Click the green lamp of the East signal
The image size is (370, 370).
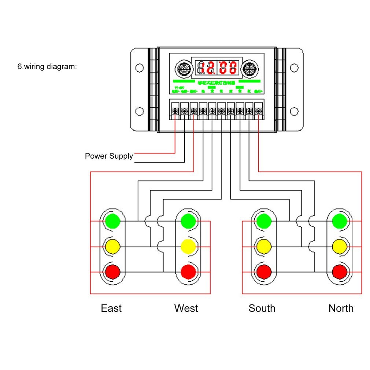click(112, 221)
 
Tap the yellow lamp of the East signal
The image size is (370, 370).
click(112, 247)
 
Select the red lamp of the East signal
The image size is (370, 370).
click(112, 272)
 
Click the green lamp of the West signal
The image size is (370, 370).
click(188, 221)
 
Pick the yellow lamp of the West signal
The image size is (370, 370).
click(188, 247)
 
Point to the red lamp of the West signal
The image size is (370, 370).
click(188, 272)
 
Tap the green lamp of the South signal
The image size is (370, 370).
click(264, 221)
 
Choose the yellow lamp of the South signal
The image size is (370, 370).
click(264, 247)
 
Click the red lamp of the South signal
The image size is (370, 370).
click(264, 272)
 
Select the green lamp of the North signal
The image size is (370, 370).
click(340, 221)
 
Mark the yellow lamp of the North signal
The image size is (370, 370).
click(340, 247)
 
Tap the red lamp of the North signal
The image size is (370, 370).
click(340, 272)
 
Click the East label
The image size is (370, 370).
click(111, 308)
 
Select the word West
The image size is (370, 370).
click(186, 308)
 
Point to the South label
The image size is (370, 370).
click(262, 308)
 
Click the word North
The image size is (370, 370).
click(341, 308)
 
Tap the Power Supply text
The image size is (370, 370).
click(109, 156)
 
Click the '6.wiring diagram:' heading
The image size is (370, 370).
click(47, 67)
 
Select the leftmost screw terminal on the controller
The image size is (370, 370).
click(175, 110)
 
